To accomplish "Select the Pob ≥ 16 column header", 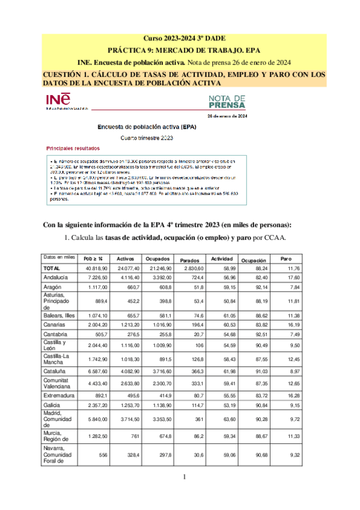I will [x=93, y=259].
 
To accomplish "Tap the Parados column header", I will [x=190, y=260].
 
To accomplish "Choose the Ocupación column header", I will [x=253, y=260].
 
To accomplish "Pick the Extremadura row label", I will [x=59, y=413].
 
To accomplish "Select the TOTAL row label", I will [x=52, y=268].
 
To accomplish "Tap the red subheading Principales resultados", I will [x=73, y=148].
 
